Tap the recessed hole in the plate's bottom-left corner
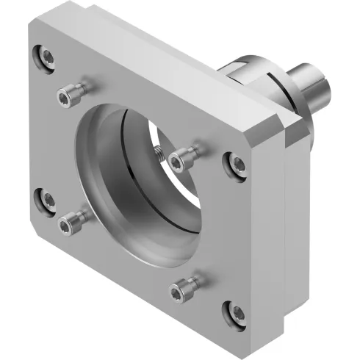46,197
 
